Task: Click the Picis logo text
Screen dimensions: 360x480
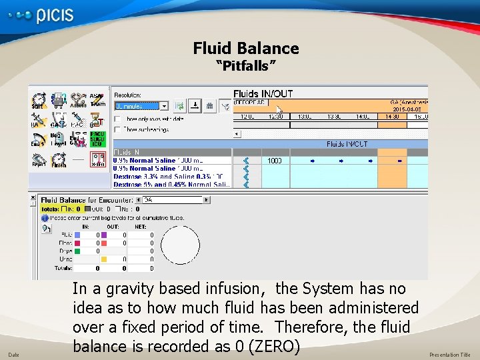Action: [x=55, y=15]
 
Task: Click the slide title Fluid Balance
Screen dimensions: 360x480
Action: [x=246, y=48]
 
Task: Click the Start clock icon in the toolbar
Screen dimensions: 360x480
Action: [x=39, y=101]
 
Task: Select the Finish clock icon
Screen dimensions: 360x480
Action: [x=59, y=161]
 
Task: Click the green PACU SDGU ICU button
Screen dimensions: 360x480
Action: [x=97, y=139]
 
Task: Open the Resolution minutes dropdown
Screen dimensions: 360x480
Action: [x=164, y=106]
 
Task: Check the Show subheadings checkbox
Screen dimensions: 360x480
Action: [x=117, y=129]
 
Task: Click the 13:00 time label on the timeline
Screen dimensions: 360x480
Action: [x=304, y=117]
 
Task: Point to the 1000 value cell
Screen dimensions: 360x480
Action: [x=275, y=161]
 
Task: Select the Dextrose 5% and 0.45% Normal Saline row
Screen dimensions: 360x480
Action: [x=172, y=184]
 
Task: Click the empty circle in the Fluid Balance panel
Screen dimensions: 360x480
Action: [x=180, y=245]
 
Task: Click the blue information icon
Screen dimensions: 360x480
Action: [x=45, y=217]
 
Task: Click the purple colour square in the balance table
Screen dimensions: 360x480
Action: [x=104, y=235]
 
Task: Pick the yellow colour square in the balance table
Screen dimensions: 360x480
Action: [x=104, y=259]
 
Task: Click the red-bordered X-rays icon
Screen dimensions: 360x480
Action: [x=97, y=160]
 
